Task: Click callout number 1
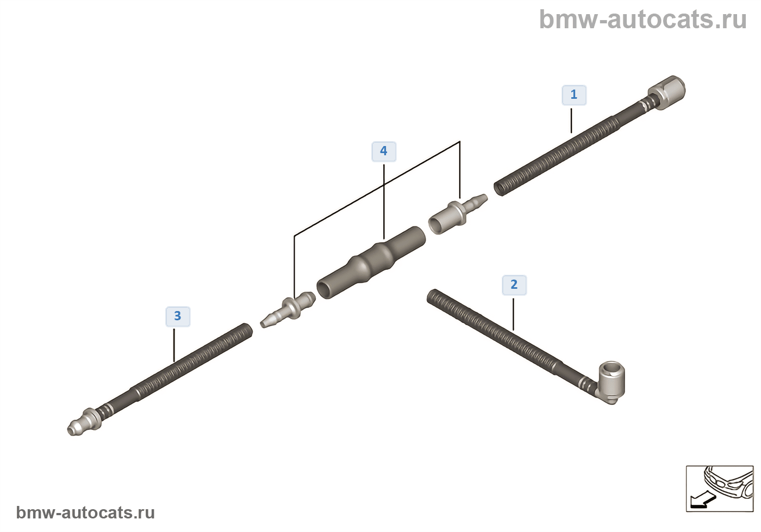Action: click(573, 95)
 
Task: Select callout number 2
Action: click(514, 285)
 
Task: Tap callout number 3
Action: click(178, 316)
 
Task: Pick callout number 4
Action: click(384, 151)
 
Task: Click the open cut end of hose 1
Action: click(500, 189)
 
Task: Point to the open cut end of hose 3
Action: click(246, 330)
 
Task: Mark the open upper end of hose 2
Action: click(433, 296)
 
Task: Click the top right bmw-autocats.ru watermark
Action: click(643, 20)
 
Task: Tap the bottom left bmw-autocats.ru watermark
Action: click(85, 512)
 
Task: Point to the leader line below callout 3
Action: click(174, 345)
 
